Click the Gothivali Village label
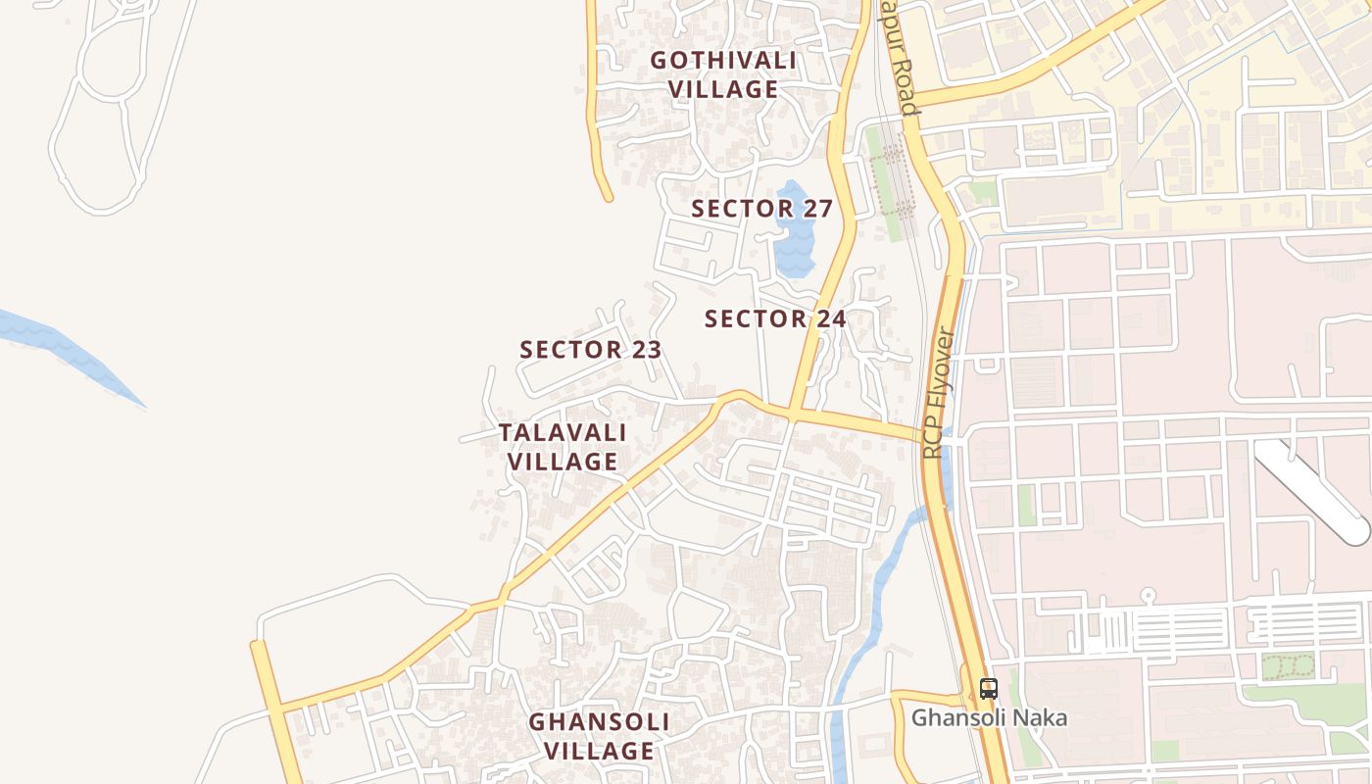723,74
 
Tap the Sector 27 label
761,209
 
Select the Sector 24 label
775,318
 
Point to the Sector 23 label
590,350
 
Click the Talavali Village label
563,447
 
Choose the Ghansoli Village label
599,737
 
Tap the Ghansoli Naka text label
989,718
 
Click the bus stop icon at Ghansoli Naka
988,688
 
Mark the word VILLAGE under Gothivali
723,89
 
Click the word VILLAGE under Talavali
563,462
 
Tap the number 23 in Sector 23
645,350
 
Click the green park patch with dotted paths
1287,667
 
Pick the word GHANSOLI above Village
599,722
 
